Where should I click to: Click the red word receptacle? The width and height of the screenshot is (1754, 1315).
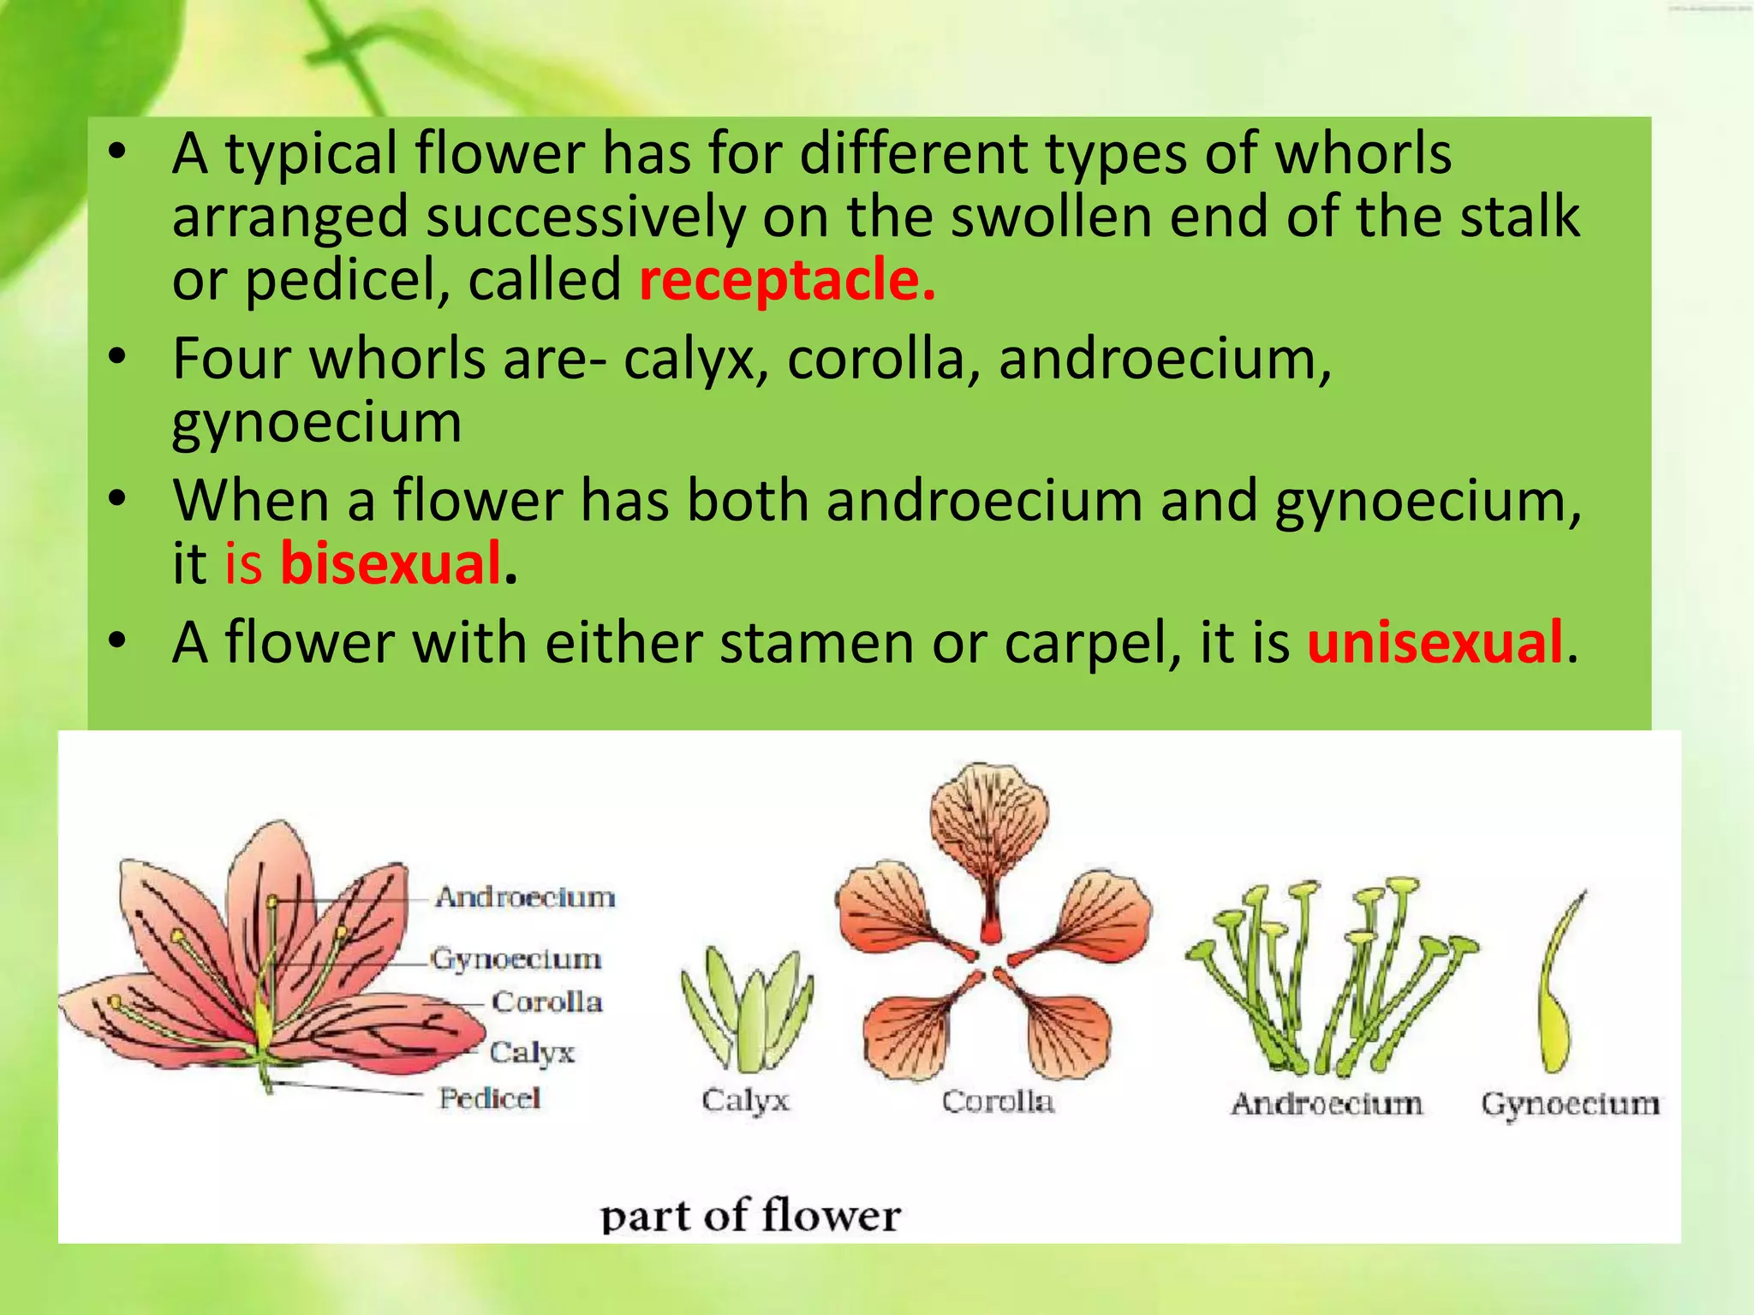pos(787,280)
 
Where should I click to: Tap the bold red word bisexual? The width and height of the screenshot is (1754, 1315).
pos(391,564)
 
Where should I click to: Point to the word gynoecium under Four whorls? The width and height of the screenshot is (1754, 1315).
pos(317,424)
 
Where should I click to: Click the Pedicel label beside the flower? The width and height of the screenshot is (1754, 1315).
pos(490,1098)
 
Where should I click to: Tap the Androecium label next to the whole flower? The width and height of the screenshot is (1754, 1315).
pos(525,897)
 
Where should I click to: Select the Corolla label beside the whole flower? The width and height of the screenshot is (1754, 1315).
pos(546,1002)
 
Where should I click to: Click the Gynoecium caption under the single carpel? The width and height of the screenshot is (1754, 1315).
pos(1570,1104)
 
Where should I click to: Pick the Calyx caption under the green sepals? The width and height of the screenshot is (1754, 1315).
pos(745,1100)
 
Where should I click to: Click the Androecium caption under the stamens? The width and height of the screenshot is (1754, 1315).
pos(1327,1104)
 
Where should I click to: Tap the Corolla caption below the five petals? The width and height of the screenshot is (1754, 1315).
pos(998,1102)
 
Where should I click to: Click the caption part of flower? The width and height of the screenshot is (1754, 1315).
pos(750,1216)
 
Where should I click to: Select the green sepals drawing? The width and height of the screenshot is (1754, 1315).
pos(747,1010)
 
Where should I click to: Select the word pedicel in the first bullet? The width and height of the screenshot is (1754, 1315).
pos(347,280)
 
